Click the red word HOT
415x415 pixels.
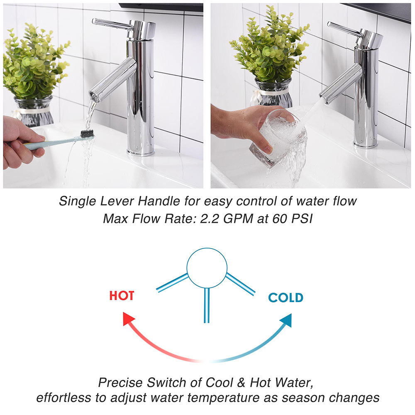(x=122, y=296)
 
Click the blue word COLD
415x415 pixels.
(x=286, y=298)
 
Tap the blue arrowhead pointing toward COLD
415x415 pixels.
(x=286, y=320)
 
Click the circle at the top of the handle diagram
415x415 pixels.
(x=207, y=268)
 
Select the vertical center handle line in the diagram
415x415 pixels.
(x=207, y=305)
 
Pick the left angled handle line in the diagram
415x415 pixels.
(x=172, y=283)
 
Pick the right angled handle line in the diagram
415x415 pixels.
(x=240, y=284)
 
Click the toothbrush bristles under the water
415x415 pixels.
(x=87, y=134)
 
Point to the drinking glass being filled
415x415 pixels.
(x=276, y=137)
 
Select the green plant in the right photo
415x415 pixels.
(x=270, y=46)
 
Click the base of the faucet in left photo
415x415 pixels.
(x=141, y=151)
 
